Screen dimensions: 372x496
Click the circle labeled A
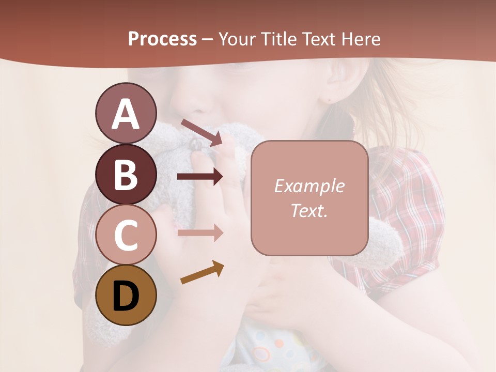coord(126,113)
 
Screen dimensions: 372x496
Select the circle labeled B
coord(126,174)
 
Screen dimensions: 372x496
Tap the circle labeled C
coord(126,235)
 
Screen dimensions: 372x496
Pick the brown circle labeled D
coord(126,295)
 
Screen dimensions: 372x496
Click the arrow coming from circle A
coord(202,132)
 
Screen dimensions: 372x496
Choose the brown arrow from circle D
coord(202,273)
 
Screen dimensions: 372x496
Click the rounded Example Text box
coord(309,198)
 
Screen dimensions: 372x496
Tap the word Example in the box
coord(309,186)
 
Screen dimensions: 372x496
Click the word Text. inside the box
coord(309,210)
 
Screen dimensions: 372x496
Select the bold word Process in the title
coord(162,39)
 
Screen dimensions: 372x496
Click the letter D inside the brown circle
coord(126,296)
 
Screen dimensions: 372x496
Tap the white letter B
coord(126,175)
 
